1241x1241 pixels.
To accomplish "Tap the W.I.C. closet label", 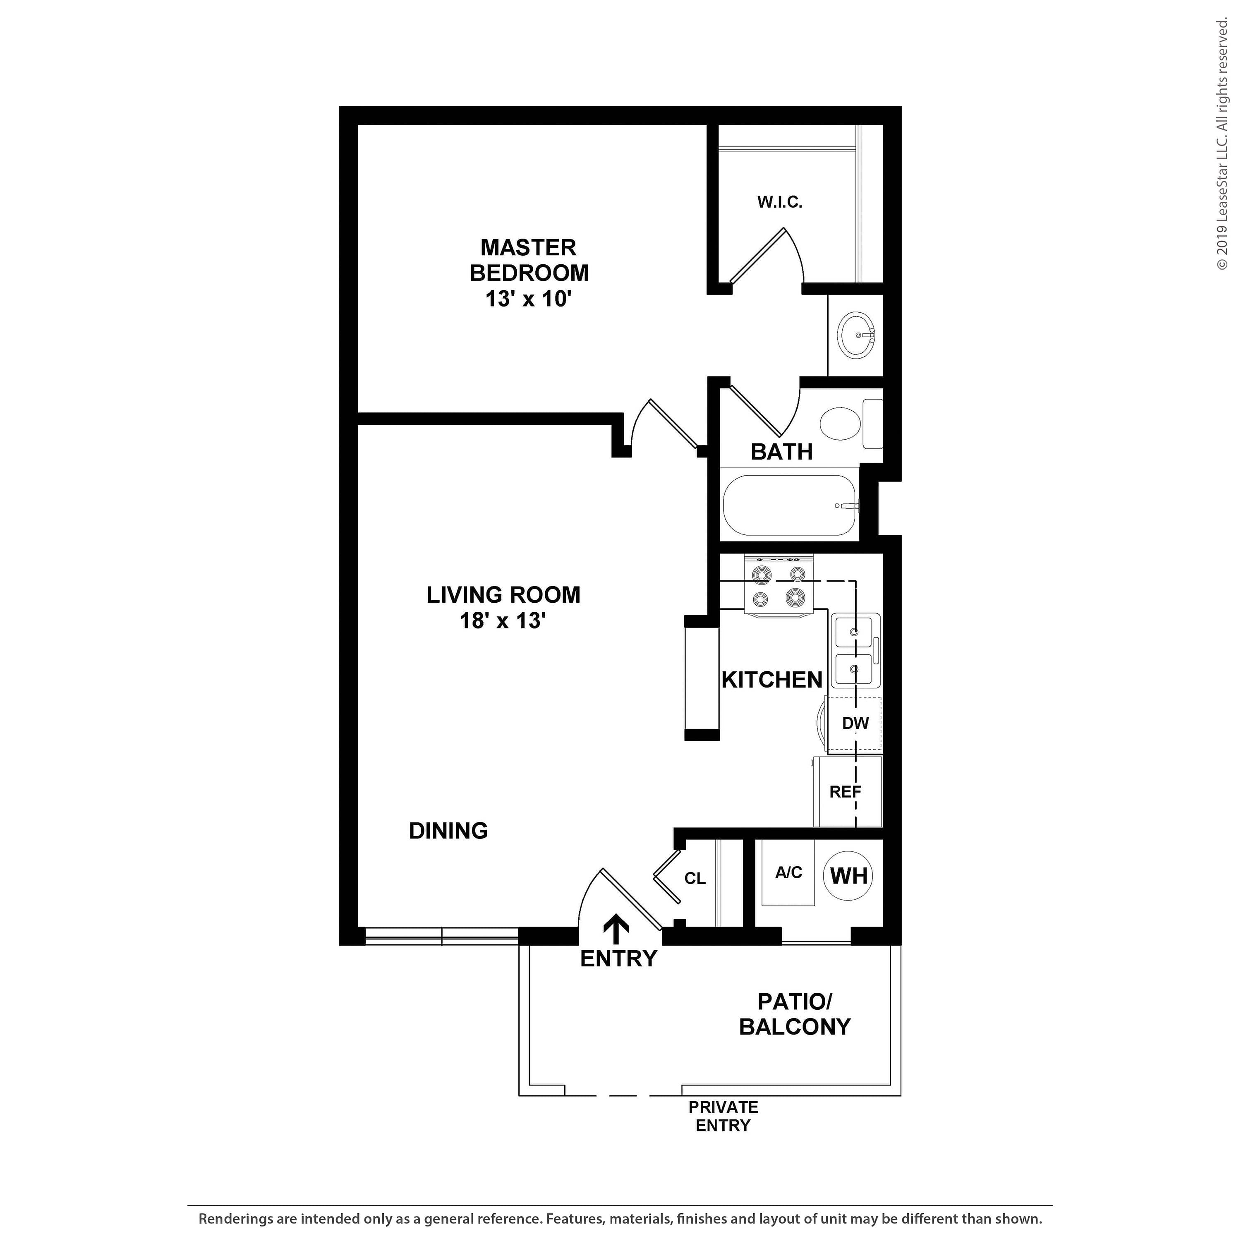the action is pyautogui.click(x=780, y=202).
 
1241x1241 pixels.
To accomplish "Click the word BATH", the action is pyautogui.click(x=782, y=452).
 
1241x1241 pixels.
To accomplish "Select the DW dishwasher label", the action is pyautogui.click(x=855, y=723).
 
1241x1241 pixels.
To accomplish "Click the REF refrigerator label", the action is pyautogui.click(x=845, y=792).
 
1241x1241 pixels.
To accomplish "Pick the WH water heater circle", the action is pyautogui.click(x=849, y=875).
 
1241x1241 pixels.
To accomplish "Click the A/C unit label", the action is pyautogui.click(x=789, y=872).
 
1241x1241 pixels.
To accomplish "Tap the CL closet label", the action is pyautogui.click(x=695, y=879).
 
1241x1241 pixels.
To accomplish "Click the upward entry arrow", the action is pyautogui.click(x=617, y=930).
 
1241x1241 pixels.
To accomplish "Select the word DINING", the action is pyautogui.click(x=448, y=831).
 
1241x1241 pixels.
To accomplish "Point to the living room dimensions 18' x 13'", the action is pyautogui.click(x=503, y=620).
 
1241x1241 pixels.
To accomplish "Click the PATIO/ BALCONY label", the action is pyautogui.click(x=795, y=1014).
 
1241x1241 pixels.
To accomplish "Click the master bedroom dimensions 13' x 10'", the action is pyautogui.click(x=529, y=299).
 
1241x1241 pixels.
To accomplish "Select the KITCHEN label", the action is pyautogui.click(x=772, y=680).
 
